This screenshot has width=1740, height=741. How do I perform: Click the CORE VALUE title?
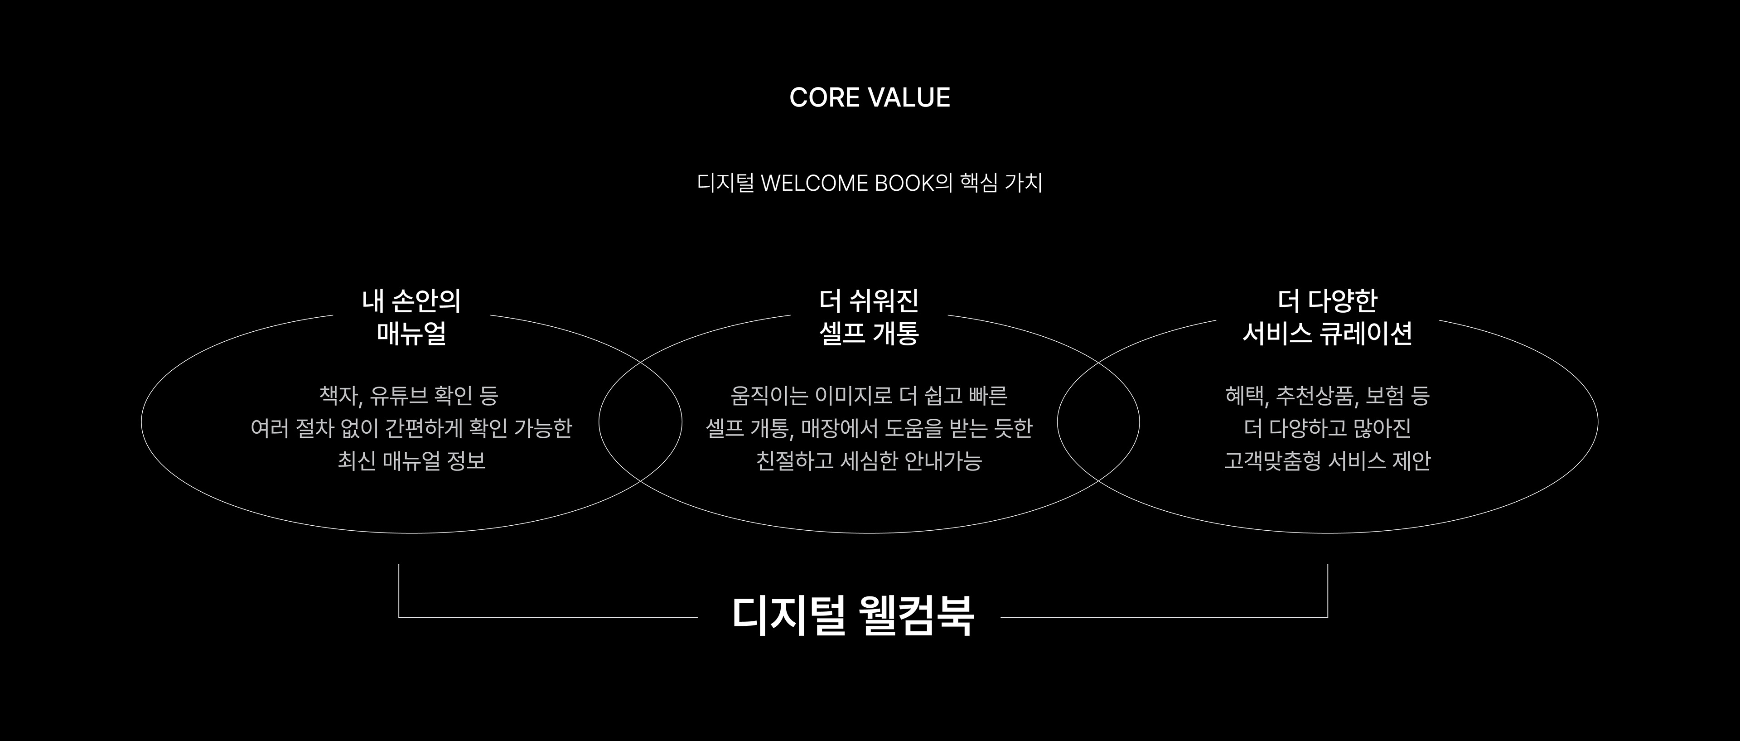[870, 98]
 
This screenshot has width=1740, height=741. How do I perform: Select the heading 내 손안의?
[411, 301]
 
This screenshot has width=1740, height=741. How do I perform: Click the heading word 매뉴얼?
[411, 334]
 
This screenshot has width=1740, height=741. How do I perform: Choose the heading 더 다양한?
[1327, 301]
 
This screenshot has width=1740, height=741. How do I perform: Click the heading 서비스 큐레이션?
[1327, 334]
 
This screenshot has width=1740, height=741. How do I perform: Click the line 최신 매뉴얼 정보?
[411, 460]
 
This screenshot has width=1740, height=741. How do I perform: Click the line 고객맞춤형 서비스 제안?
[1327, 460]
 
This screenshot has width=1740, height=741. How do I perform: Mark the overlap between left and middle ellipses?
[640, 422]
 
